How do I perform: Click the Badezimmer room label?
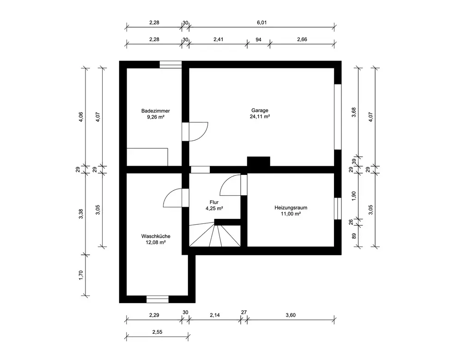(156, 111)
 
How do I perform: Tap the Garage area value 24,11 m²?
(260, 116)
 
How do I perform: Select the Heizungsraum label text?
(291, 208)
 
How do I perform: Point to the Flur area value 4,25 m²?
(214, 209)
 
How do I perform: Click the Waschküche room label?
(156, 236)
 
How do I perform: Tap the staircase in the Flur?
(215, 234)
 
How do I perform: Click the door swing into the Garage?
(199, 132)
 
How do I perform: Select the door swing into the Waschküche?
(173, 198)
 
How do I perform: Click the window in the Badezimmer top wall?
(170, 65)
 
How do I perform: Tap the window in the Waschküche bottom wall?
(158, 300)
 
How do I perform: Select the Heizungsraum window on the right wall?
(338, 209)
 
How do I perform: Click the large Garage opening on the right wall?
(338, 117)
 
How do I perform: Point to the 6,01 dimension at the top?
(262, 23)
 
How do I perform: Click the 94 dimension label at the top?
(258, 39)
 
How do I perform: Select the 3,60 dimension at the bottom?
(291, 315)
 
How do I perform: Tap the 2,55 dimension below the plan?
(158, 332)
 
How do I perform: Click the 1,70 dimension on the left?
(81, 275)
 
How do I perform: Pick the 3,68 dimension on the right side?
(354, 112)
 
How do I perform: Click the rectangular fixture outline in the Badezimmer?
(147, 157)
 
